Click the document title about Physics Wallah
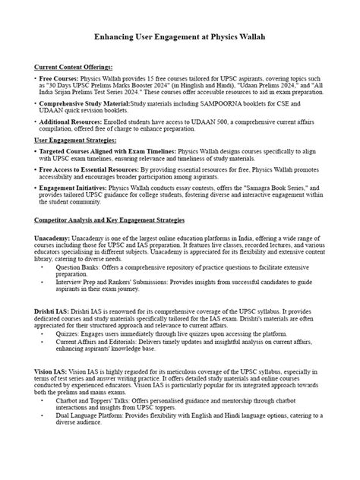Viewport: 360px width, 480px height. coord(180,36)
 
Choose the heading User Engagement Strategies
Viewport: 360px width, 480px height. coord(74,141)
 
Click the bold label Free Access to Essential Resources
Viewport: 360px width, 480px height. coord(96,169)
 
